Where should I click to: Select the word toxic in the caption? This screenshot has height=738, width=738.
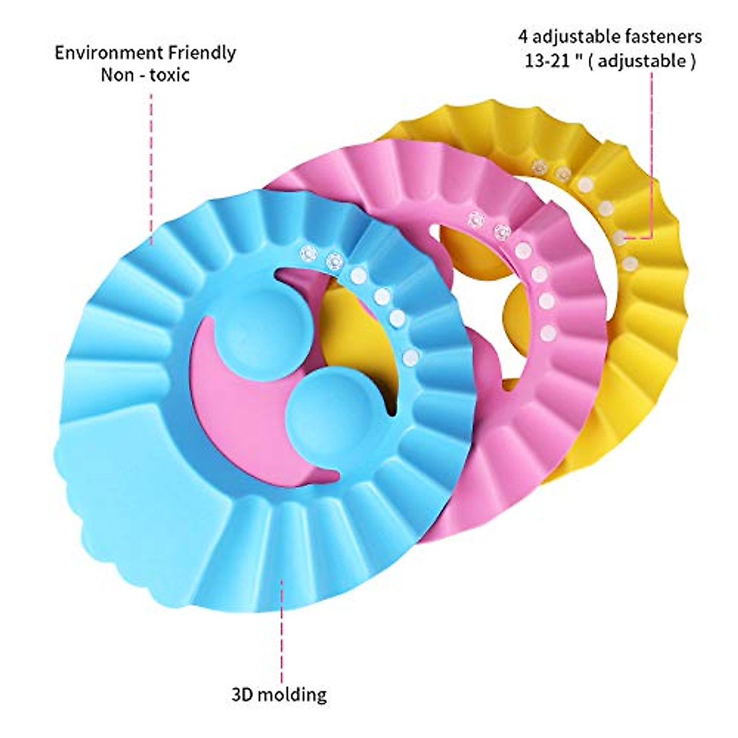(x=169, y=75)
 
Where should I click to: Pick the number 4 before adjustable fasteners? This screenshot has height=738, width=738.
(x=523, y=37)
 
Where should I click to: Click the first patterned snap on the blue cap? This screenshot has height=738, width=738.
(x=308, y=252)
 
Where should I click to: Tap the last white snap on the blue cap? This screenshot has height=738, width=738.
(x=410, y=357)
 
